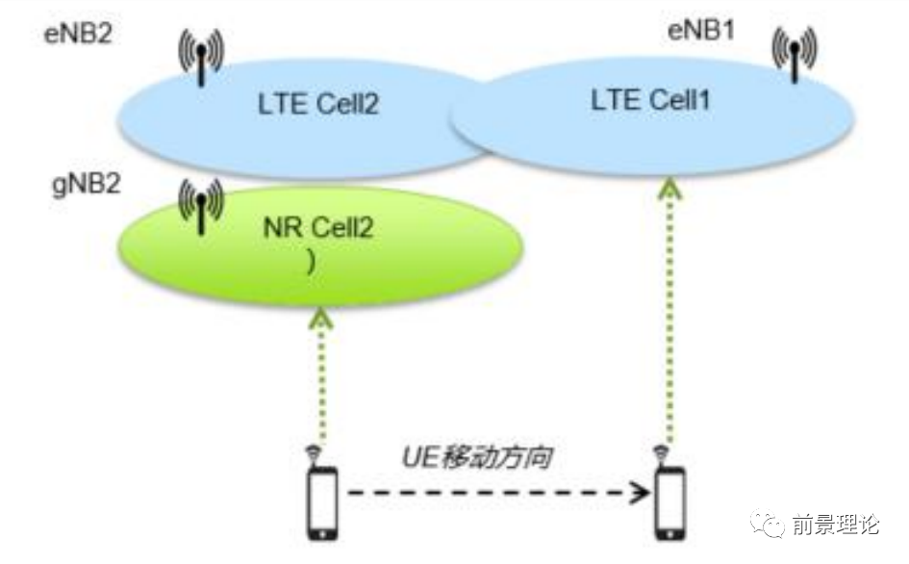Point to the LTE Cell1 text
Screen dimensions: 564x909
tap(651, 98)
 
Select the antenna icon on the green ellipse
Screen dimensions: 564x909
tap(200, 207)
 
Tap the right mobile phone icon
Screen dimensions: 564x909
tap(669, 502)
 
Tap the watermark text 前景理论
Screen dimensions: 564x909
tap(835, 526)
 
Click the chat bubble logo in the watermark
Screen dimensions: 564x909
tap(771, 526)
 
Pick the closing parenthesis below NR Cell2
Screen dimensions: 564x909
tap(310, 260)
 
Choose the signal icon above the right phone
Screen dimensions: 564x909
tap(662, 451)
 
